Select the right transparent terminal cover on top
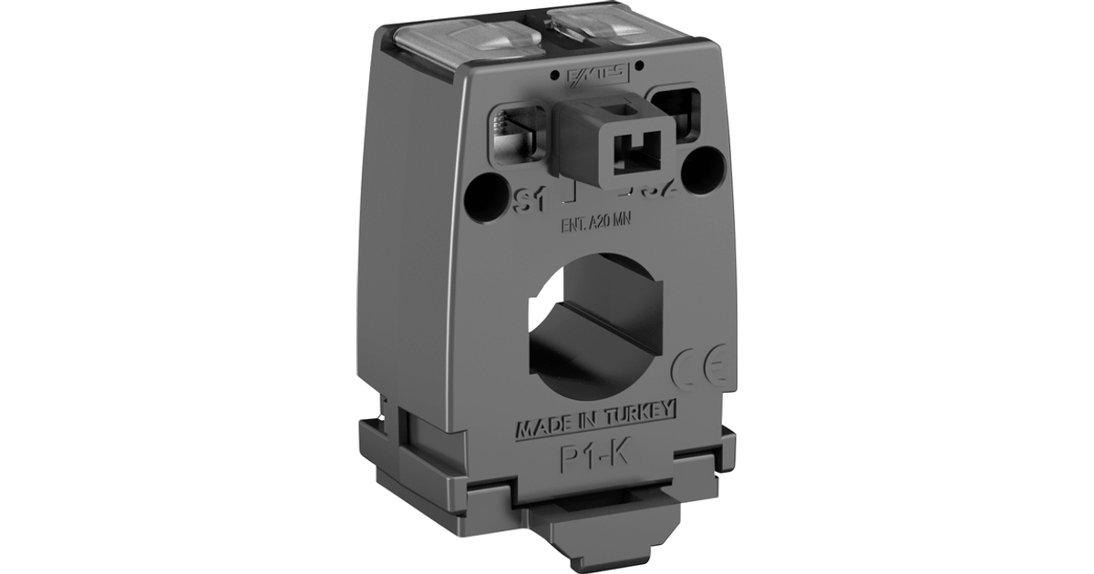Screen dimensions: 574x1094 coord(629,27)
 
